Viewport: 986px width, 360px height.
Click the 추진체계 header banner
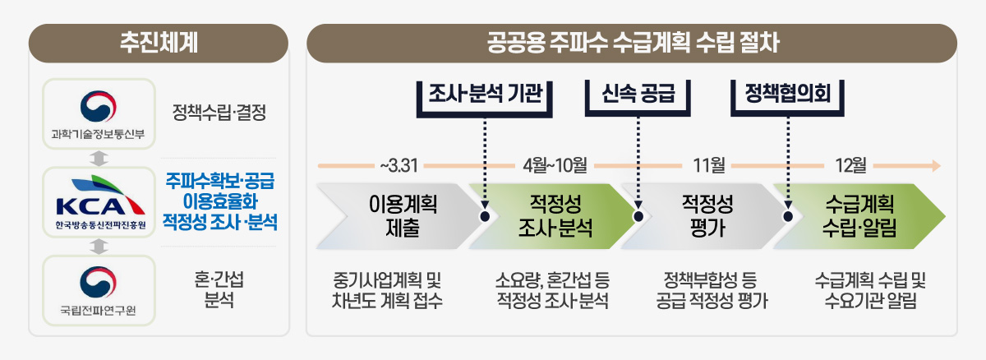(x=159, y=43)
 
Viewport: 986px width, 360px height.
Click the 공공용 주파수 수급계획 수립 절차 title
(x=633, y=43)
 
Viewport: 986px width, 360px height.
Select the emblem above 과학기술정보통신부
(x=98, y=106)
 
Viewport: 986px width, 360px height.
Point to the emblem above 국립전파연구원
(x=98, y=282)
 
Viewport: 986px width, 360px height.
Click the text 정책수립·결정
(x=219, y=113)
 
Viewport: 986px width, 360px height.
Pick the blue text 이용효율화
(x=220, y=201)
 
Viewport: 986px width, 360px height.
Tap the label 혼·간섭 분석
(x=219, y=290)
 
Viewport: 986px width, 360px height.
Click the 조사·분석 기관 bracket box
(x=485, y=99)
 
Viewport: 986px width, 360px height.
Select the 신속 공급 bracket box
(x=638, y=98)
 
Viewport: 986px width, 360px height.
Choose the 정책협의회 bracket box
(x=787, y=98)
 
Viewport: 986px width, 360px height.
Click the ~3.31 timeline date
(x=399, y=166)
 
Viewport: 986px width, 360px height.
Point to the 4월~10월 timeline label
(x=555, y=165)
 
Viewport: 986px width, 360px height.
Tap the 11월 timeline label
(x=709, y=165)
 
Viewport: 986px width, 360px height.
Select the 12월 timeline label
(x=851, y=165)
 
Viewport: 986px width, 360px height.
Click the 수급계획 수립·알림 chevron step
(x=859, y=216)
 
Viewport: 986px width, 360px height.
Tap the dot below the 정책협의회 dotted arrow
(x=788, y=216)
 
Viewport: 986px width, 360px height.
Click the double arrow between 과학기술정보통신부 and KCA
(x=99, y=159)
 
